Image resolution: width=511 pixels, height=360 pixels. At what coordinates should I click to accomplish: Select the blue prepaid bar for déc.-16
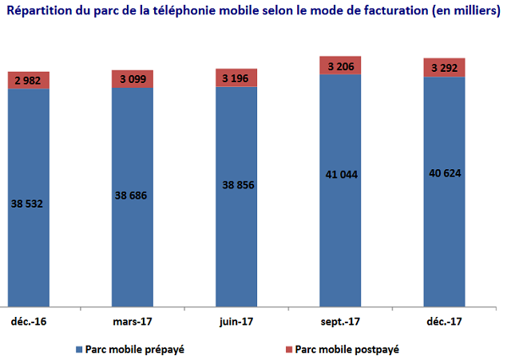point(29,239)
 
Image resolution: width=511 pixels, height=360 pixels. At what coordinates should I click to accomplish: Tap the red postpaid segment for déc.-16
point(29,80)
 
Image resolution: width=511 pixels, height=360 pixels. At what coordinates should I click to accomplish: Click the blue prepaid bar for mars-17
point(133,239)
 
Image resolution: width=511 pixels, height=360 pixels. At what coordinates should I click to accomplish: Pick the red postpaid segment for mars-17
point(133,78)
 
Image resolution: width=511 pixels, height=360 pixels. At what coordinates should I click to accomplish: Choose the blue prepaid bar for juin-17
point(236,239)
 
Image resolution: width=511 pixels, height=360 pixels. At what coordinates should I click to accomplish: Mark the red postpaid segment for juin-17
point(236,77)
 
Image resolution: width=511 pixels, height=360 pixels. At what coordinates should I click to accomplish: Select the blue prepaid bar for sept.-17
point(340,239)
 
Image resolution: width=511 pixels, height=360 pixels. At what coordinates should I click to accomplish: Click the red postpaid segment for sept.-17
point(340,65)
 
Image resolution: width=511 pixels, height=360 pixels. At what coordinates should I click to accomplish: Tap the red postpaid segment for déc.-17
point(443,68)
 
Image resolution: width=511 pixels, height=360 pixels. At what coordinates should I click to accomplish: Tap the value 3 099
point(133,78)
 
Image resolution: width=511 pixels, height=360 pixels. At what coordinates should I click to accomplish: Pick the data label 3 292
point(443,68)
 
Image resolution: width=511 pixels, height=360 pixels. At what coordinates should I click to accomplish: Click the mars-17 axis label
point(132,321)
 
